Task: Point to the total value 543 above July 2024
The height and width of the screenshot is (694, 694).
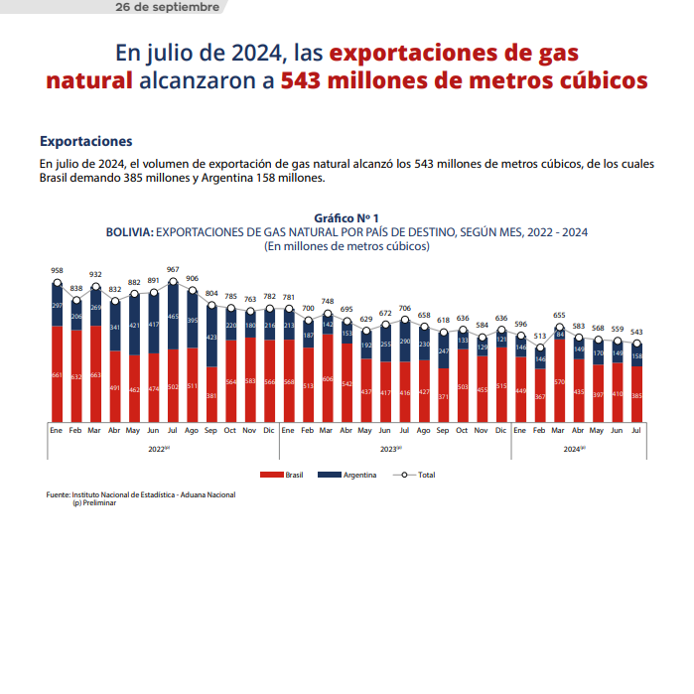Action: tap(636, 332)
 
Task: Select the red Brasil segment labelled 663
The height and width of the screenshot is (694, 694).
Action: tap(95, 374)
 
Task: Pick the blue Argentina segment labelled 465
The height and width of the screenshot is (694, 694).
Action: tap(173, 316)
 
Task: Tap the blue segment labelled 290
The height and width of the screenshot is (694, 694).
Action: tap(405, 342)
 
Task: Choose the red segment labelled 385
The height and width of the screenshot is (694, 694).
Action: tap(636, 395)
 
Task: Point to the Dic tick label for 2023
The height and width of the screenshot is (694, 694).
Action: tap(501, 431)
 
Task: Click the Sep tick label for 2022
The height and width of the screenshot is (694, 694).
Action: tap(211, 431)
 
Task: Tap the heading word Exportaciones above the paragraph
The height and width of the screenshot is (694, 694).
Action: tap(85, 142)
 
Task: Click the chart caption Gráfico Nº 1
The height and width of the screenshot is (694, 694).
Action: tap(347, 217)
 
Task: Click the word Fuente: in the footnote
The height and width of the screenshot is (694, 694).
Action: tap(59, 494)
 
